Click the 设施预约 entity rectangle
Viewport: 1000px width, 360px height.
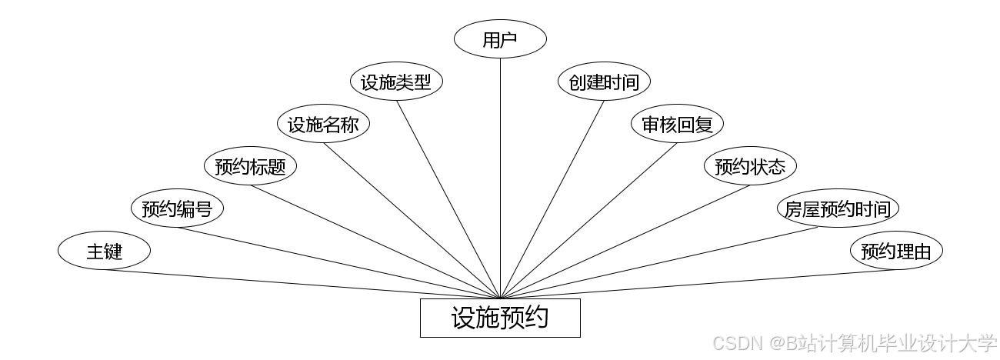tap(500, 318)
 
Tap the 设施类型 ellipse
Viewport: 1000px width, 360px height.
tap(396, 82)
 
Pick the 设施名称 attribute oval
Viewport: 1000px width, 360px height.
tap(323, 125)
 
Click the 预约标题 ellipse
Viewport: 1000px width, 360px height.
tap(250, 166)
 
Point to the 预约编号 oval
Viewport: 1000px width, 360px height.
tap(177, 208)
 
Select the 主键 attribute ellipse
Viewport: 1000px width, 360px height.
tap(104, 251)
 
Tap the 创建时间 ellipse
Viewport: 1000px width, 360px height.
tap(604, 82)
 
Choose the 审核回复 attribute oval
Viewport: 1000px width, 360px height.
tap(677, 125)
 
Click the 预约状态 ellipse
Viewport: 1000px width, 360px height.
tap(750, 166)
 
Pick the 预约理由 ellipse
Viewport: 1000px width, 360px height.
tap(896, 251)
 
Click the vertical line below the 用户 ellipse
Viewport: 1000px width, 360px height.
tap(500, 177)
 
